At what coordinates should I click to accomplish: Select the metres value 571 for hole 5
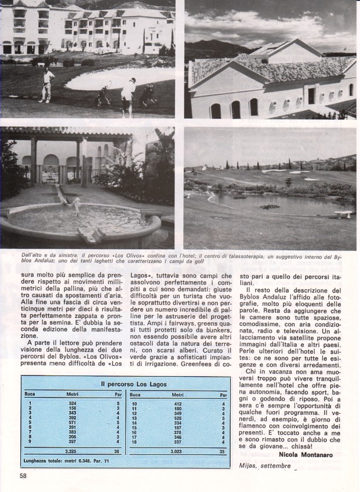[x=72, y=422]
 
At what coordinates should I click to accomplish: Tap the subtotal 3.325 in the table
[x=72, y=450]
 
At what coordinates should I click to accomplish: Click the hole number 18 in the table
[x=134, y=443]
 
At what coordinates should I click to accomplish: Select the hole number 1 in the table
[x=29, y=403]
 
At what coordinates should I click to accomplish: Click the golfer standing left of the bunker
[x=46, y=83]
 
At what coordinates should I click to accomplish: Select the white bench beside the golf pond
[x=343, y=214]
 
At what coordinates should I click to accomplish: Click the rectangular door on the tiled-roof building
[x=311, y=95]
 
